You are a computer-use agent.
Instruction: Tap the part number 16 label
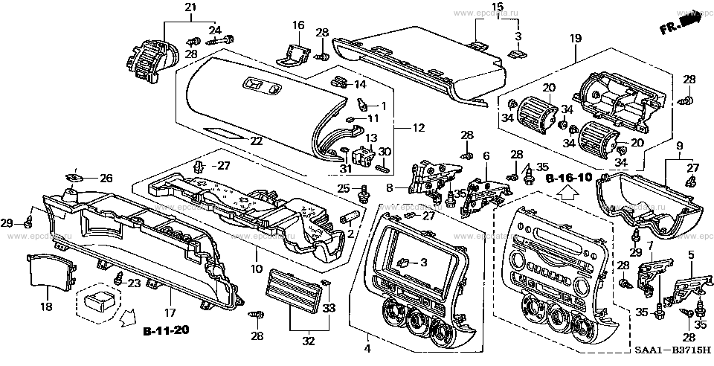point(297,25)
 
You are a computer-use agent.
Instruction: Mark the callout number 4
point(367,348)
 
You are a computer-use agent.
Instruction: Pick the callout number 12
point(419,129)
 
